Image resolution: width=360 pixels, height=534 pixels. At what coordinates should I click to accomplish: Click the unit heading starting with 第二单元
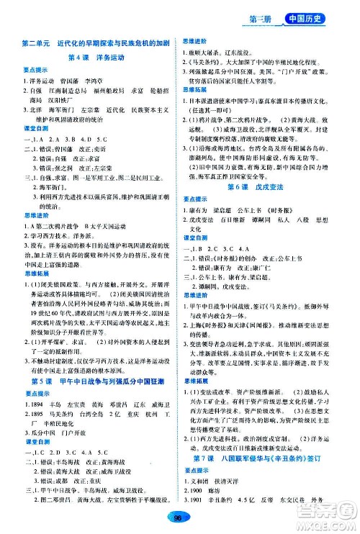pyautogui.click(x=96, y=42)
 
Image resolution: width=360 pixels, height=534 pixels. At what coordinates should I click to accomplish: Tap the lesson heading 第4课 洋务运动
pyautogui.click(x=96, y=58)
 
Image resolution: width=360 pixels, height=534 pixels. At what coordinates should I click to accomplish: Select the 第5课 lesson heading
pyautogui.click(x=96, y=400)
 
